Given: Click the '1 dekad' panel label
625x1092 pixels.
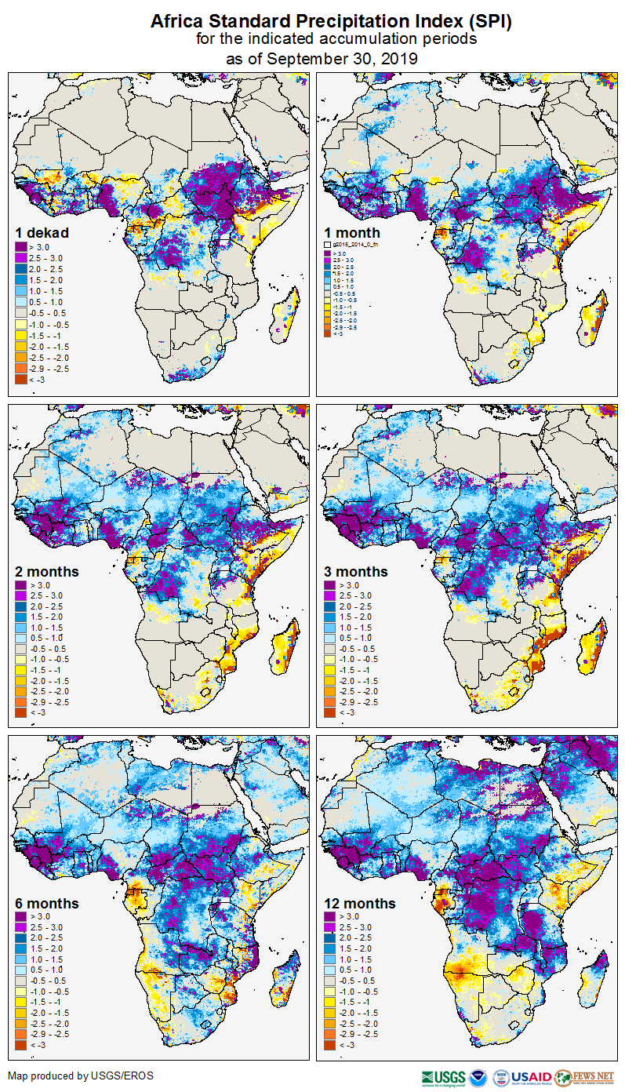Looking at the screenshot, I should pyautogui.click(x=42, y=232).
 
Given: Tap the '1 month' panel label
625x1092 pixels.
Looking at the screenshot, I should pyautogui.click(x=352, y=232).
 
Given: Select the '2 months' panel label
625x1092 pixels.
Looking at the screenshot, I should pyautogui.click(x=47, y=571).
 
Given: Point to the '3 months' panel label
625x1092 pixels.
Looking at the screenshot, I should pyautogui.click(x=356, y=571).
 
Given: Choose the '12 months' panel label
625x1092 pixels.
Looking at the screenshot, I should pyautogui.click(x=360, y=903).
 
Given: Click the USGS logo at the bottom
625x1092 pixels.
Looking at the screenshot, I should pyautogui.click(x=444, y=1077).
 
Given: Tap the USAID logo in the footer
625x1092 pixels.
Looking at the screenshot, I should pyautogui.click(x=530, y=1077).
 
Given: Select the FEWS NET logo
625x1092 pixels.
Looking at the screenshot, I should pyautogui.click(x=585, y=1077).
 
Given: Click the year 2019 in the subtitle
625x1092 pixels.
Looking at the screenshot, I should pyautogui.click(x=397, y=58).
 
